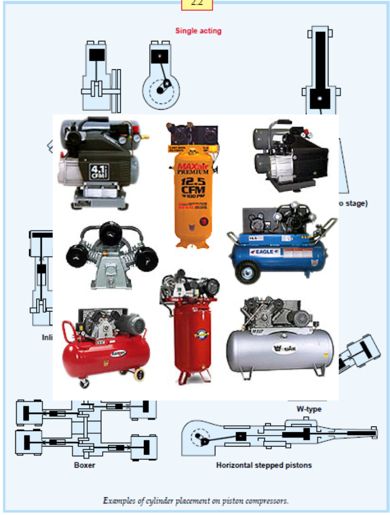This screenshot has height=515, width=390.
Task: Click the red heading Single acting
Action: (x=198, y=30)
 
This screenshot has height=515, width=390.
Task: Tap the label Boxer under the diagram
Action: (x=84, y=464)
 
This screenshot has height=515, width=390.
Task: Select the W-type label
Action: (x=309, y=409)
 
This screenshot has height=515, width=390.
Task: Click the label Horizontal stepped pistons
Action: (x=264, y=465)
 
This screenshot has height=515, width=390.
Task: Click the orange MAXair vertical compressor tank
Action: (x=192, y=198)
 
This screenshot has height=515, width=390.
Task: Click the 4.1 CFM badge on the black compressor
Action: (x=97, y=171)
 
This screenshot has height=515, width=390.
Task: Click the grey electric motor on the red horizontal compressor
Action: (x=133, y=324)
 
